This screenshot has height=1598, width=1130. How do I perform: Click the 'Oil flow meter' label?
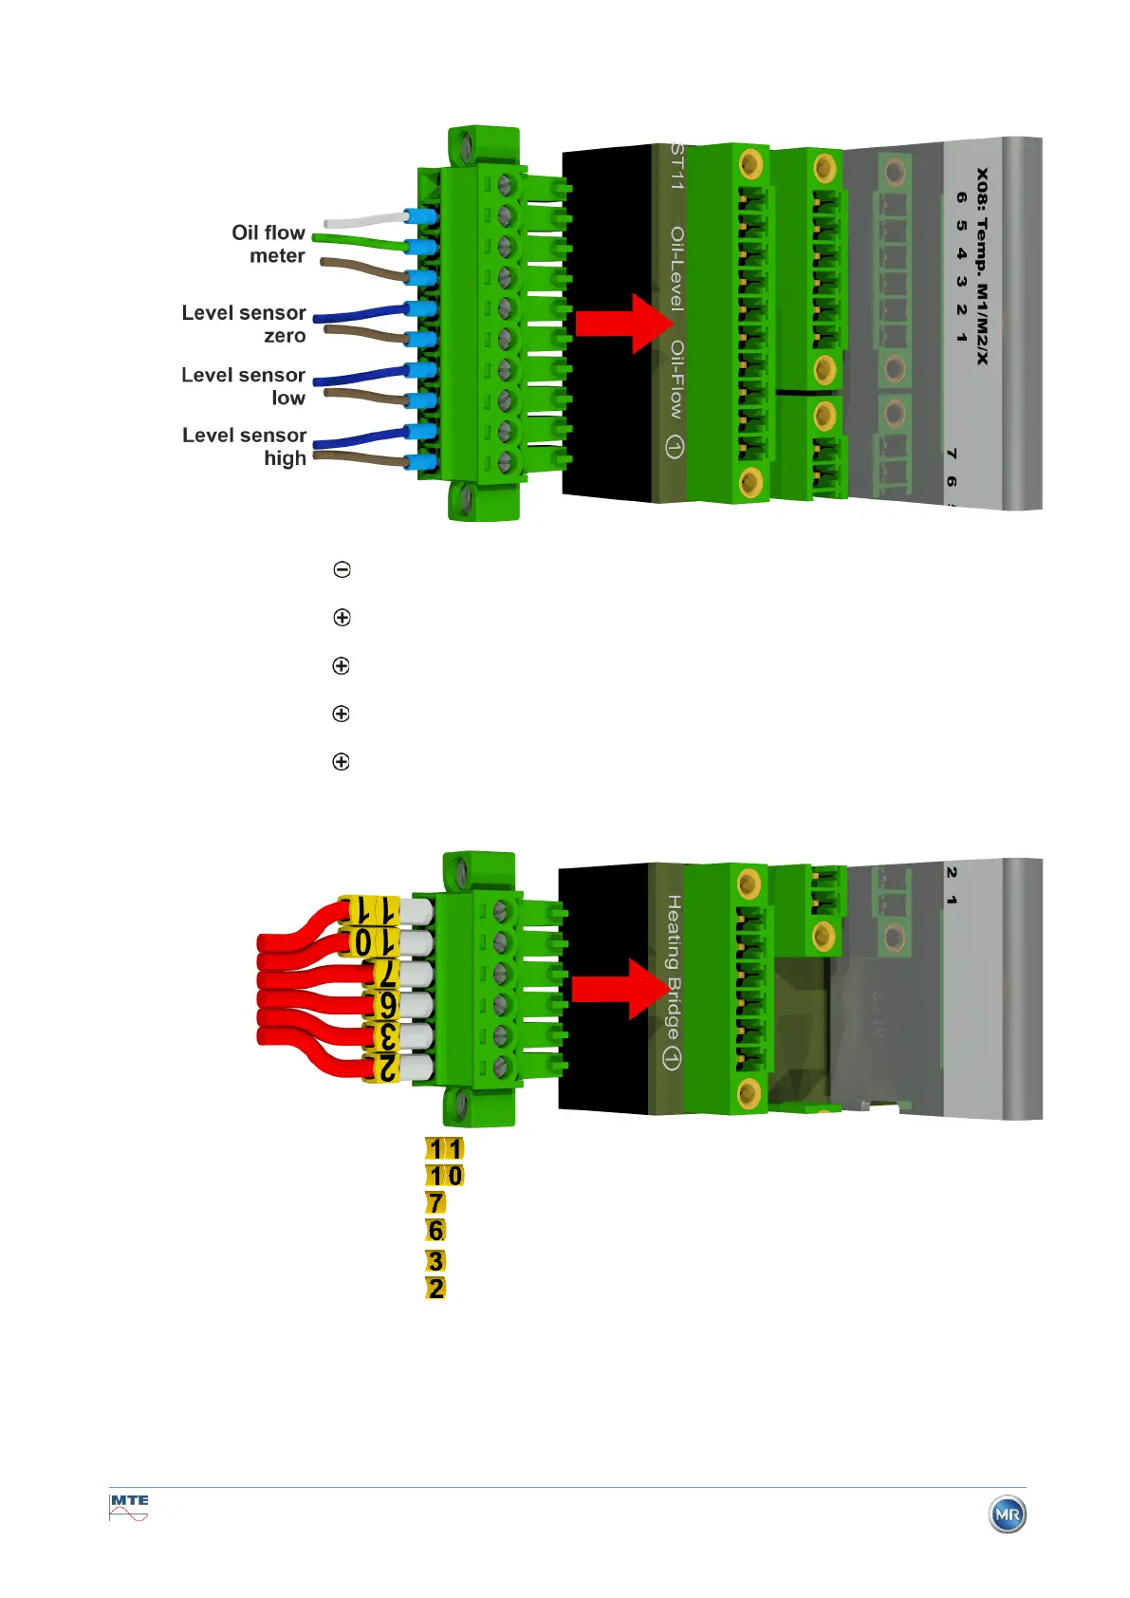[x=269, y=244]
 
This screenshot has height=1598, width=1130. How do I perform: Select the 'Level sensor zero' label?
[x=244, y=324]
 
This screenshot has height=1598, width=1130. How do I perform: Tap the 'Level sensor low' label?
[x=244, y=386]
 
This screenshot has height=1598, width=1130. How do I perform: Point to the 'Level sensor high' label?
[x=245, y=446]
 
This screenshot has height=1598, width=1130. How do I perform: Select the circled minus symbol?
[x=343, y=569]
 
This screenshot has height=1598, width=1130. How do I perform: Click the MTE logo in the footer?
[x=129, y=1507]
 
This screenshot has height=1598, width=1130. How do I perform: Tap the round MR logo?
[x=1008, y=1514]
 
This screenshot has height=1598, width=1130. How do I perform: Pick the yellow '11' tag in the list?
[x=445, y=1149]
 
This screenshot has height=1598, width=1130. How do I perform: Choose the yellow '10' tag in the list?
[x=445, y=1176]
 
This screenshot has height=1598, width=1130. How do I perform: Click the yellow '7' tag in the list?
[x=435, y=1203]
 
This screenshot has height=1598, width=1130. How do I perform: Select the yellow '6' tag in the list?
[x=435, y=1231]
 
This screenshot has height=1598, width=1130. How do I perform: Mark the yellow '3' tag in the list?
[x=435, y=1261]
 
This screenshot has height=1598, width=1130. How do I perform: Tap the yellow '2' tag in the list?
[x=435, y=1289]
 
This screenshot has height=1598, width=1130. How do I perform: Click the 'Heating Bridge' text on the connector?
[x=673, y=968]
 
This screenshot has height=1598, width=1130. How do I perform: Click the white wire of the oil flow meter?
[x=365, y=220]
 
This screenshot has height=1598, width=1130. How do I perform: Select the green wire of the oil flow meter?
[x=361, y=241]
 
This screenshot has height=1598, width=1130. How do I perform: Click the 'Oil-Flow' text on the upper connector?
[x=676, y=380]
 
